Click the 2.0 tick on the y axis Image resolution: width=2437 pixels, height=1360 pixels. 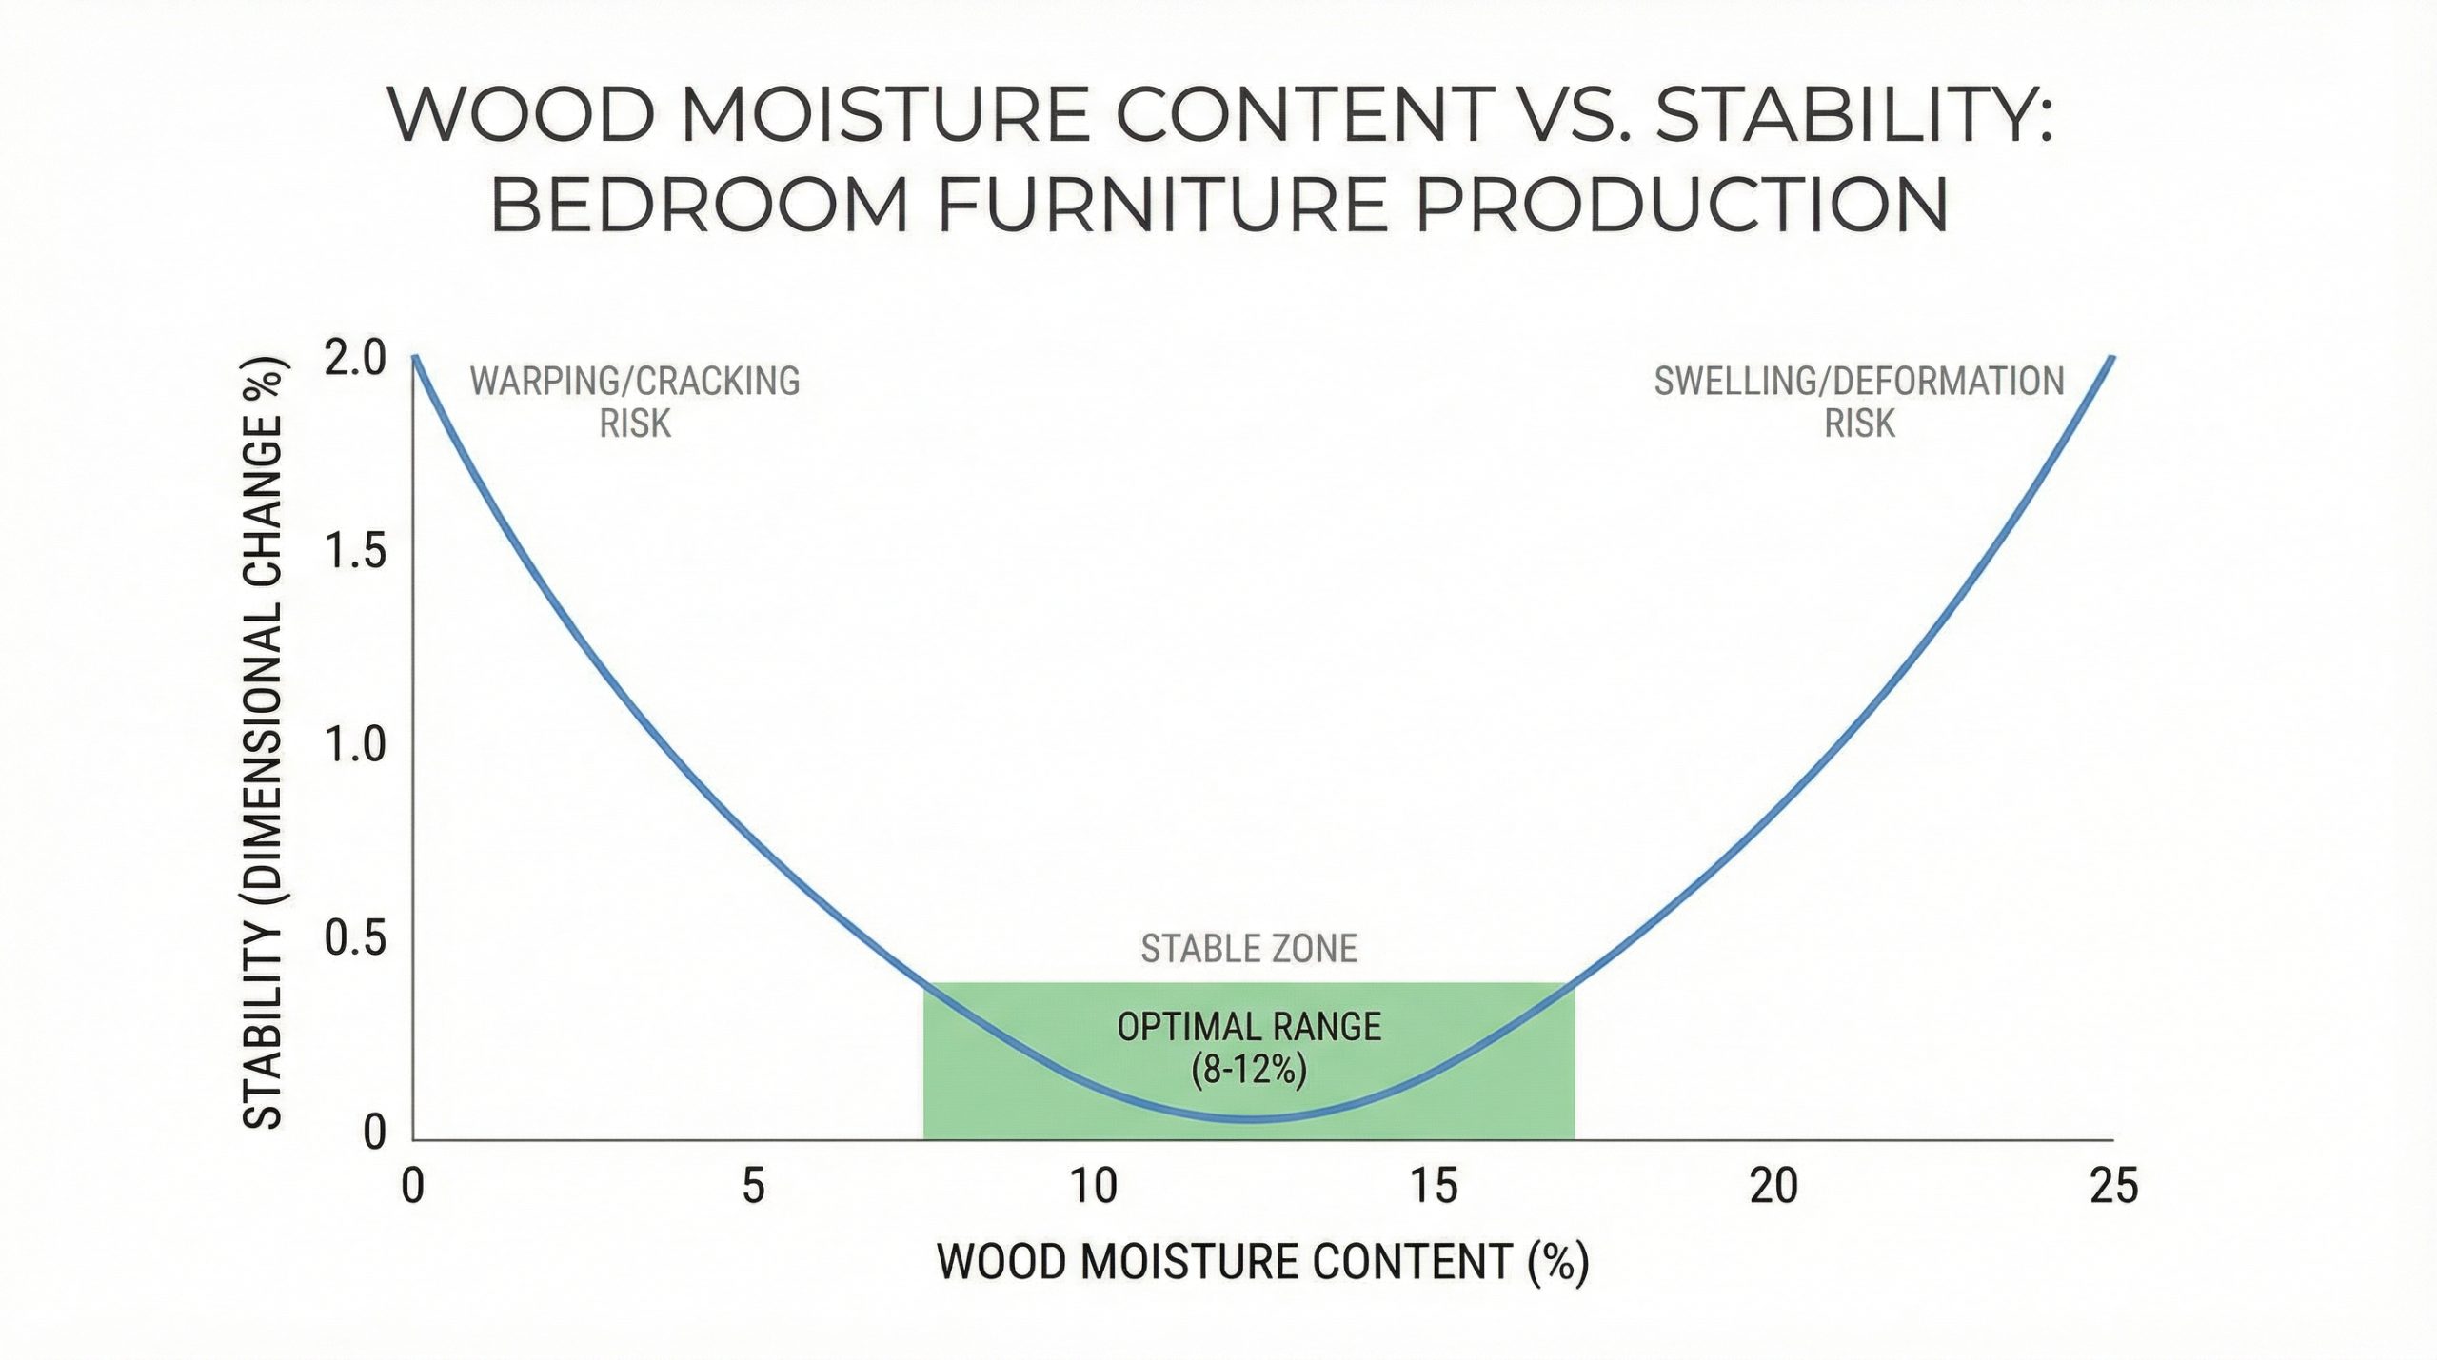coord(355,359)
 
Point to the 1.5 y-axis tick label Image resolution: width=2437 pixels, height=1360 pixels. coord(355,552)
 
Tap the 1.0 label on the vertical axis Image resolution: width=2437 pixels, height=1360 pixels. coord(355,745)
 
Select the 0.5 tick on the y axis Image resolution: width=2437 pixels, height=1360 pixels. coord(355,938)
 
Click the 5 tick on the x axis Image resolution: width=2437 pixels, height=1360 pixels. coord(753,1186)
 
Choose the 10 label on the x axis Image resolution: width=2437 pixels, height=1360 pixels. coord(1093,1186)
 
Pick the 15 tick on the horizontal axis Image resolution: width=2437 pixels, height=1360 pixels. coord(1434,1186)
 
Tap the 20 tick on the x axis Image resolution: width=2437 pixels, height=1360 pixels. coord(1773,1186)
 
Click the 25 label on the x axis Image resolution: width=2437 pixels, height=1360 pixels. coord(2113,1186)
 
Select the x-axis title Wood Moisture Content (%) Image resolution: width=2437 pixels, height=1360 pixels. coord(1263,1263)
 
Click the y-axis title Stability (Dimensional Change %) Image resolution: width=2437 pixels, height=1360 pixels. coord(264,743)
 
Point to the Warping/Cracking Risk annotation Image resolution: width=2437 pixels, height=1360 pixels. coord(635,402)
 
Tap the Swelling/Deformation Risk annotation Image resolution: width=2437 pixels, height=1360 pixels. coord(1859,402)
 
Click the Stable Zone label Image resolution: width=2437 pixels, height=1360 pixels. coord(1249,949)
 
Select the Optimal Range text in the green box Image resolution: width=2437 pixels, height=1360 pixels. coord(1249,1027)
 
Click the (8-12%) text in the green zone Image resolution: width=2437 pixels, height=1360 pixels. coord(1249,1071)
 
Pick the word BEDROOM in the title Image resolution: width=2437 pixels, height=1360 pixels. coord(700,205)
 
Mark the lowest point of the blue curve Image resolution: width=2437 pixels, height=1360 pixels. coord(1247,1119)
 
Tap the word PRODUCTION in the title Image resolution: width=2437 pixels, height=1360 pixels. coord(1682,205)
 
